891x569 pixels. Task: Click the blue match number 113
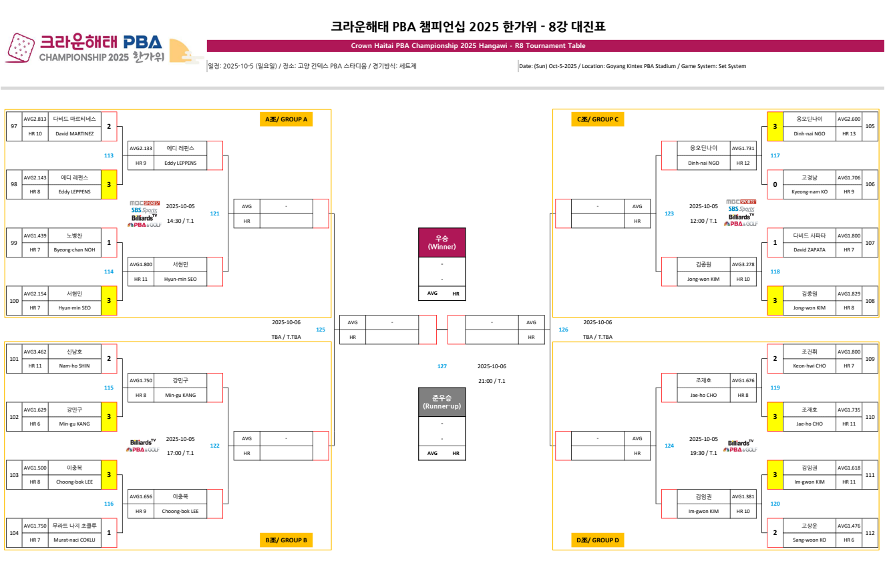(x=108, y=155)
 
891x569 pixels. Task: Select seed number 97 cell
(x=13, y=126)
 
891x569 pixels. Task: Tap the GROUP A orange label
(x=286, y=119)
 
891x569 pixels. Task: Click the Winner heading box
(x=441, y=242)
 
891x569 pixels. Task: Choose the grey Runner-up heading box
(x=441, y=402)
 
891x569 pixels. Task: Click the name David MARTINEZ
(x=73, y=133)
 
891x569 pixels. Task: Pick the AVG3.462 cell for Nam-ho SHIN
(x=35, y=352)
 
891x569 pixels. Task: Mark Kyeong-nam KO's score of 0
(x=775, y=184)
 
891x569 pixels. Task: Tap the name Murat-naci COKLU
(x=73, y=540)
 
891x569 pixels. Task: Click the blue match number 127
(x=441, y=366)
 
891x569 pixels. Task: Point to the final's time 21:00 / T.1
(x=491, y=381)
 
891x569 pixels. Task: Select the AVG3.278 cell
(x=743, y=264)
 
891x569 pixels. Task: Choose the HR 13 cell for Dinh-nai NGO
(x=848, y=133)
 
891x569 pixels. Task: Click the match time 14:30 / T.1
(x=180, y=220)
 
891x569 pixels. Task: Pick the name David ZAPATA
(x=809, y=249)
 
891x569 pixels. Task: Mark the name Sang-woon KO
(x=809, y=540)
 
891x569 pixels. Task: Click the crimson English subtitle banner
(x=468, y=46)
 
